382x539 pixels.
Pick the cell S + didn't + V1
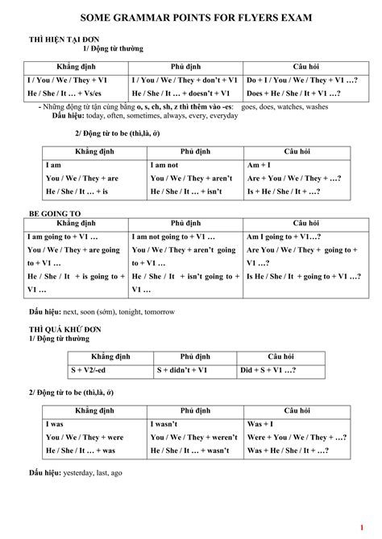coord(185,370)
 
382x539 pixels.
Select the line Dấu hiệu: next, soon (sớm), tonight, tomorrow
coord(102,311)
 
